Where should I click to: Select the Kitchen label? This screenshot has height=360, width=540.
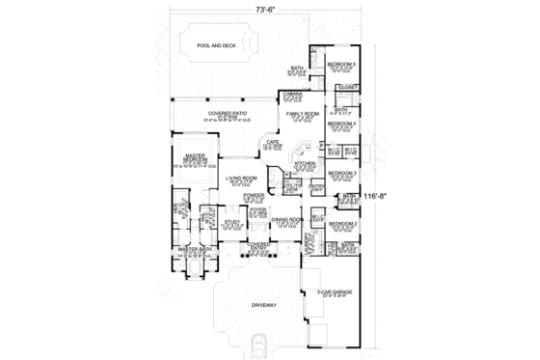[x=305, y=164]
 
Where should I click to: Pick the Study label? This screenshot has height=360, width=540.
[x=231, y=221]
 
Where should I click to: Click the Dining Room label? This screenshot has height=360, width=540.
[x=287, y=220]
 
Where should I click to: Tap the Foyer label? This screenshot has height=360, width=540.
[x=258, y=209]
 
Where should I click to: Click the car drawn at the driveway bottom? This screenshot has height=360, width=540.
[x=258, y=345]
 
